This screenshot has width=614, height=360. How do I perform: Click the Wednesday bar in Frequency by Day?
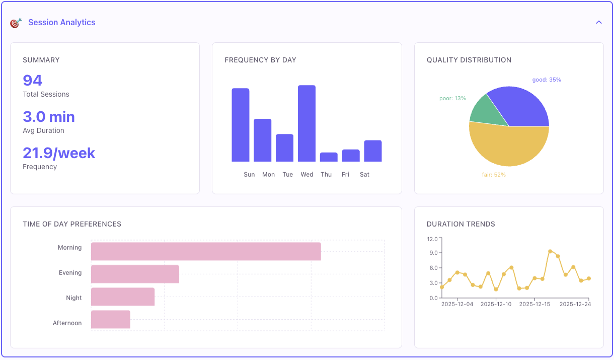(x=306, y=123)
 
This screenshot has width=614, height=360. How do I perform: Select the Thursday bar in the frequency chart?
(x=329, y=157)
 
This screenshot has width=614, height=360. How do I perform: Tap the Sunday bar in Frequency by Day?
(x=241, y=125)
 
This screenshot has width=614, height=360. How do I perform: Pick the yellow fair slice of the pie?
(x=508, y=147)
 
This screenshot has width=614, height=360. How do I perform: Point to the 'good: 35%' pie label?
(x=547, y=80)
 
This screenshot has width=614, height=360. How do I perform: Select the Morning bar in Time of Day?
(x=206, y=251)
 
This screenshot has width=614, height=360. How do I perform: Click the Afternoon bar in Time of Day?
(x=111, y=320)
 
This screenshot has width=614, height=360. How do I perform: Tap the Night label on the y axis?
(x=73, y=298)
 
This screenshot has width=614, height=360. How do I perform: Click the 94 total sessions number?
(x=33, y=81)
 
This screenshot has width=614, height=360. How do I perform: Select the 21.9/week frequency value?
(x=59, y=153)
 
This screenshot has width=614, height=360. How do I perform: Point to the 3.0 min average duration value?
(x=49, y=117)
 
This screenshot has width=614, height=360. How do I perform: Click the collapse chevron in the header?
(x=599, y=22)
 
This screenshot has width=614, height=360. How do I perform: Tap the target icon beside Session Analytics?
(x=16, y=23)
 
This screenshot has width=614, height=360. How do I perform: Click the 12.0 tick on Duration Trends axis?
(x=432, y=239)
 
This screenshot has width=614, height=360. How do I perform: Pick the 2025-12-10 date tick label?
(x=496, y=304)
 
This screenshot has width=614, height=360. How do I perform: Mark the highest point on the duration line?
(x=550, y=251)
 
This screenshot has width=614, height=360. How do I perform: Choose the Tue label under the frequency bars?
(x=287, y=174)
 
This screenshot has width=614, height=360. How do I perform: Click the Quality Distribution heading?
(x=469, y=60)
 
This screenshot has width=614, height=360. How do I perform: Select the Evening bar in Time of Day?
(x=135, y=274)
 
